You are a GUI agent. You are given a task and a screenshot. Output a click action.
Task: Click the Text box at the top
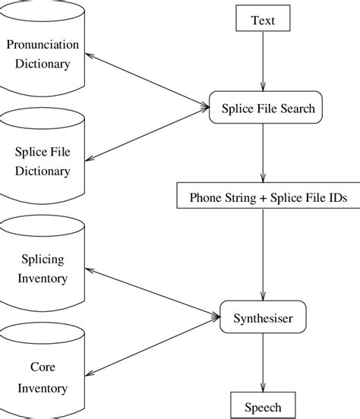pos(263,20)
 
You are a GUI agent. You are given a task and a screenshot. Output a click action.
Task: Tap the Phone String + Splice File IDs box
pos(263,198)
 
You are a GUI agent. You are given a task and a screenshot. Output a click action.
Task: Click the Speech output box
pos(262,406)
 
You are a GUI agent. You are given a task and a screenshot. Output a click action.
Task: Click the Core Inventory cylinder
pos(43,377)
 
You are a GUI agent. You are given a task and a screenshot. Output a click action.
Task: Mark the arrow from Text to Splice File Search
pos(263,65)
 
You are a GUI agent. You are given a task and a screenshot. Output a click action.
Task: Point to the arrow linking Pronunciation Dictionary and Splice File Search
pos(148,80)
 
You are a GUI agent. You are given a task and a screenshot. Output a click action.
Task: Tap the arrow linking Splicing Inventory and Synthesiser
pos(152,291)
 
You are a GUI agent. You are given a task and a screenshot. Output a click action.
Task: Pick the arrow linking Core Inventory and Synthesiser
pos(152,345)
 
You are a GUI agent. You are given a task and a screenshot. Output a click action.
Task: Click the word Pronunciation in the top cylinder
pos(43,45)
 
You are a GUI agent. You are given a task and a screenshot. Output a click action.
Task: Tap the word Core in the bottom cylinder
pos(43,367)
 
